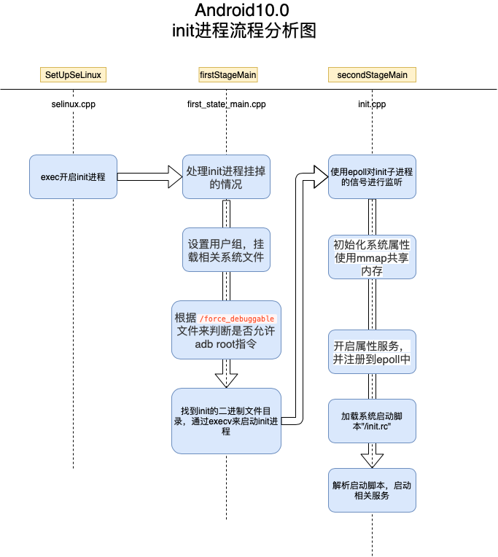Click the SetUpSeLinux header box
(74, 74)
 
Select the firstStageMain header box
(227, 74)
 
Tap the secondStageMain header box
(372, 74)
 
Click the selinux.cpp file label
(73, 104)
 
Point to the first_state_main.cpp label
(227, 104)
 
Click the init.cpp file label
(372, 104)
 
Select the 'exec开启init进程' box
(73, 176)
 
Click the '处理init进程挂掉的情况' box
(226, 176)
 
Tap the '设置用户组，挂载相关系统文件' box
(226, 250)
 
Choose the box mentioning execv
(226, 420)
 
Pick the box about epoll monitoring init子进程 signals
(372, 176)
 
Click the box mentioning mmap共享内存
(372, 257)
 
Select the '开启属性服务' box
(372, 351)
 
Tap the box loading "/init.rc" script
(372, 421)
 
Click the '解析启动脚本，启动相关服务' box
(372, 490)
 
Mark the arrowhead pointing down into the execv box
(226, 379)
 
